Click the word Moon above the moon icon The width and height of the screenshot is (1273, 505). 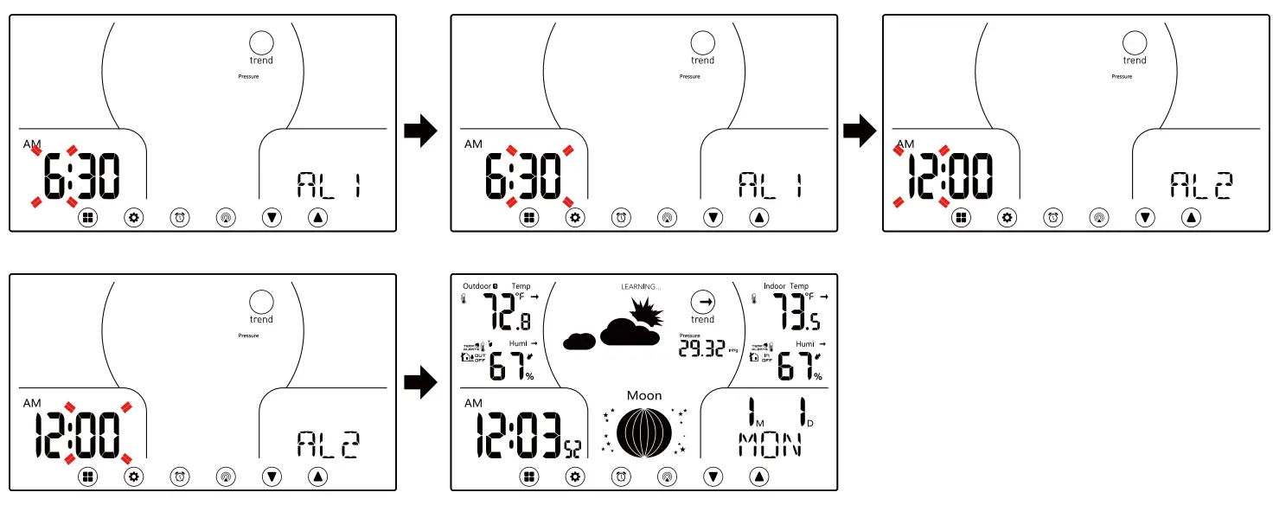643,395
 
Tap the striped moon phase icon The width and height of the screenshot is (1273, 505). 643,431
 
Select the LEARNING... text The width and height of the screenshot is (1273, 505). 641,286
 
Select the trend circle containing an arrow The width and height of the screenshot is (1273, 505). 702,302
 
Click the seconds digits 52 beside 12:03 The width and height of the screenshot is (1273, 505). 573,448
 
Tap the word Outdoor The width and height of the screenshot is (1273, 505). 477,286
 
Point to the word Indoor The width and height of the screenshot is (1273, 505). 774,286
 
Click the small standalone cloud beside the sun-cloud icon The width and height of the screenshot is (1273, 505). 579,341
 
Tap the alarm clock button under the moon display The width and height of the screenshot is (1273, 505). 621,475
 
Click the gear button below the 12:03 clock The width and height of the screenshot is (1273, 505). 575,475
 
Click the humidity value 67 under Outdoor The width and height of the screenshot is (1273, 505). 508,366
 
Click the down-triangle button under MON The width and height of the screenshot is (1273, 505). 713,475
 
